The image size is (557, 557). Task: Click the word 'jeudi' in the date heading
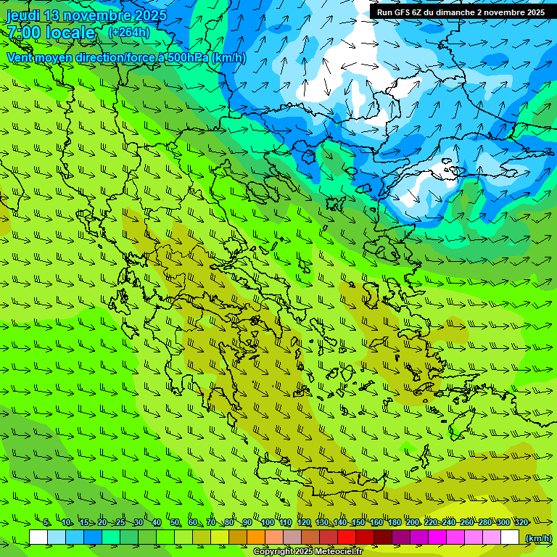tap(24, 15)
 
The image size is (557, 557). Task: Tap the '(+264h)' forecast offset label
tap(129, 32)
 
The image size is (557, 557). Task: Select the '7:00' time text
tap(22, 33)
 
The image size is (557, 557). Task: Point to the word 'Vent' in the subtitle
tap(21, 57)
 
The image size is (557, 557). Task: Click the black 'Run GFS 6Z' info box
tap(461, 12)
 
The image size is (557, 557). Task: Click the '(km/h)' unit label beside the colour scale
tap(538, 537)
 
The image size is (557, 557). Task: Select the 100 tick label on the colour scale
tap(267, 522)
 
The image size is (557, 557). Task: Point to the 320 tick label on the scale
tap(521, 522)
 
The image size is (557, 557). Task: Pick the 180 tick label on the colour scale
tap(394, 522)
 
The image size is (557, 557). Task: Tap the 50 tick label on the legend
tap(175, 522)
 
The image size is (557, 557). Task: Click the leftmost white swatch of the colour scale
tap(38, 537)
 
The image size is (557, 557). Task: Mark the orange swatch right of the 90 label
tap(256, 537)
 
